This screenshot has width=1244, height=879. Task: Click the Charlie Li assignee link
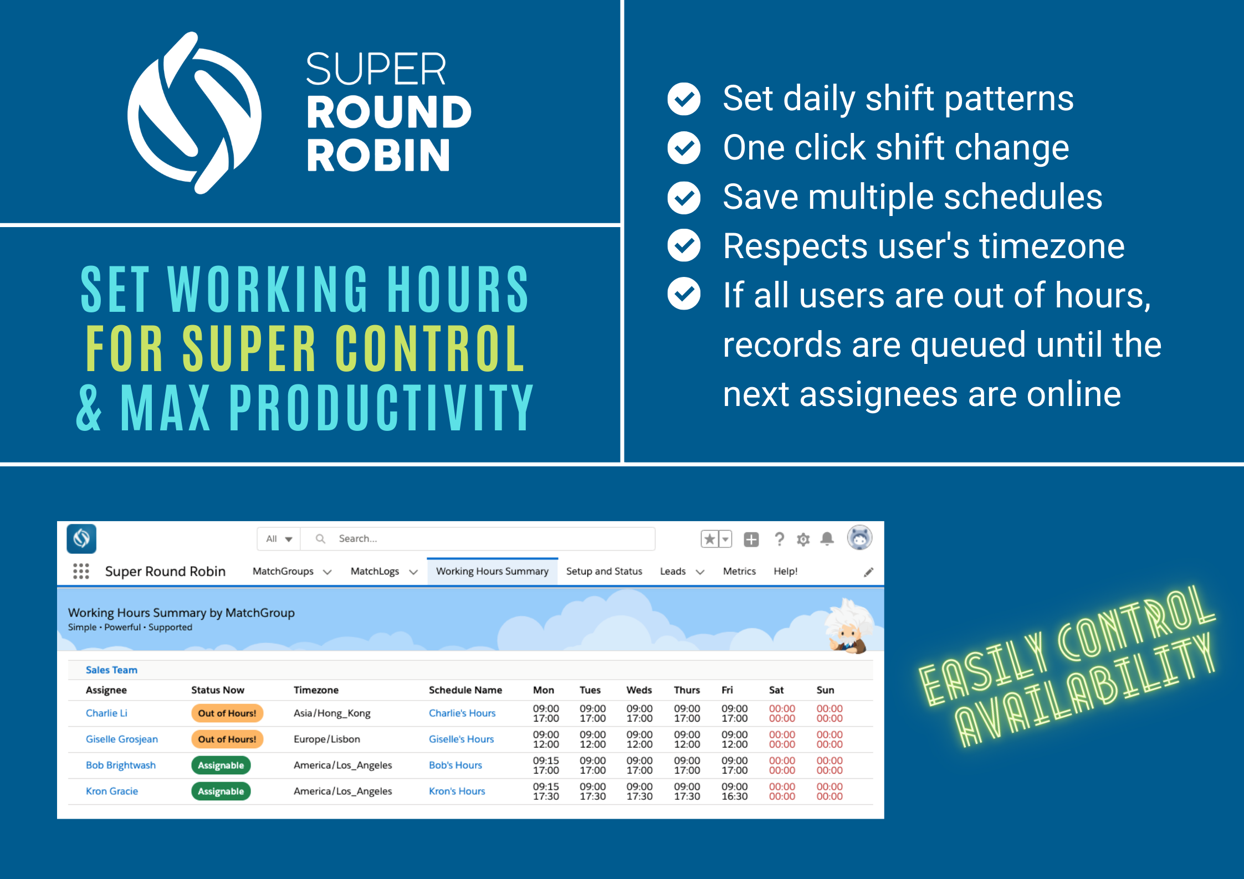coord(106,713)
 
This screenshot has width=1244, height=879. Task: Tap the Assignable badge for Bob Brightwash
coord(221,765)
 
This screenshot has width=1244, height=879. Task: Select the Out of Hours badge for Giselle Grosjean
coord(227,739)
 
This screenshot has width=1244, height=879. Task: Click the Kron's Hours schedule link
coord(457,791)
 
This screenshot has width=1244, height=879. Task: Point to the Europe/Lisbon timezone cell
coord(326,739)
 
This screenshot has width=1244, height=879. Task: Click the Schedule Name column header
coord(465,690)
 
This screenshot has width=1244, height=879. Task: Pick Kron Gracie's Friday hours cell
coord(734,791)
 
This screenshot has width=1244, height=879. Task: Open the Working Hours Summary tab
coord(492,571)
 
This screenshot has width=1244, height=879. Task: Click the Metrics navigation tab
coord(739,571)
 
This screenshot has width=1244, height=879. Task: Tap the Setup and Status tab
coord(603,571)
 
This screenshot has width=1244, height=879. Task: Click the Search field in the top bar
coord(477,538)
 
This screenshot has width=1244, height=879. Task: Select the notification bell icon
coord(827,538)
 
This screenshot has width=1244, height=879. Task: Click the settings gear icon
coord(803,539)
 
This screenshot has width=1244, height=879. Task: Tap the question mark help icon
coord(779,539)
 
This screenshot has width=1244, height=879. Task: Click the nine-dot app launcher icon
coord(81,571)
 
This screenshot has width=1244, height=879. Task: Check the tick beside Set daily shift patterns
coord(684,99)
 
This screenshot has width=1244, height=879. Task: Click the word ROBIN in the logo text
coord(378,155)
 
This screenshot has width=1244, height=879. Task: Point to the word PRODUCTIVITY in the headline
coord(381,408)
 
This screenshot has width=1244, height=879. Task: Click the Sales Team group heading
coord(111,670)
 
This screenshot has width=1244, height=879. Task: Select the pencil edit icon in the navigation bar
coord(868,572)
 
